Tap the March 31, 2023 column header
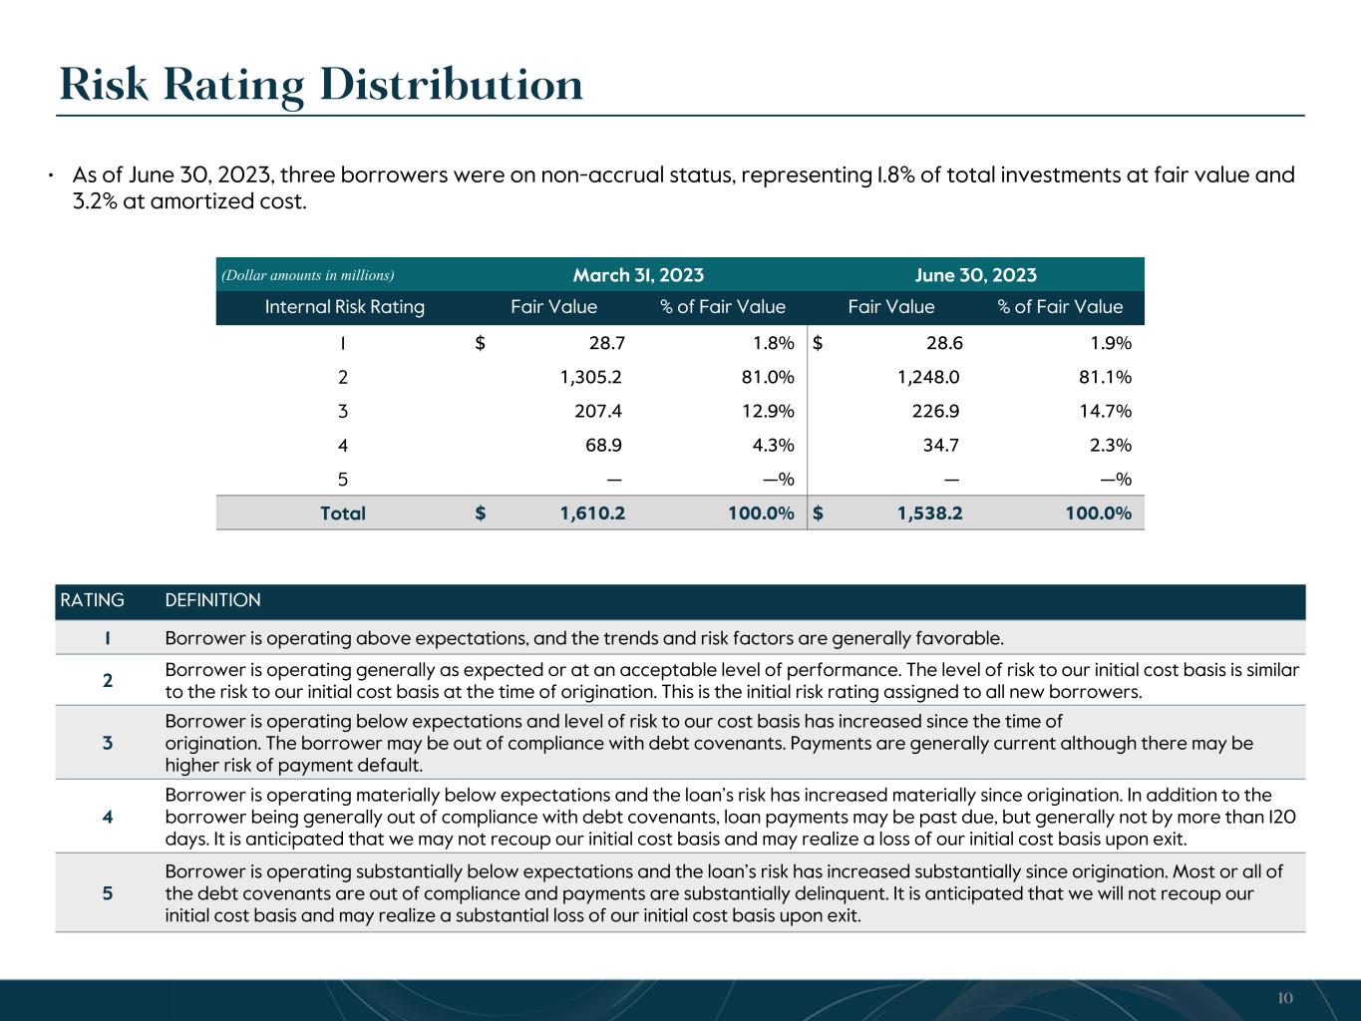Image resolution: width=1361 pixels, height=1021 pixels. pos(638,275)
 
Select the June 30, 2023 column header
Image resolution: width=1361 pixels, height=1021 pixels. pos(975,275)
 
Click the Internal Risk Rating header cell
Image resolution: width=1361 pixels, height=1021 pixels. pos(344,307)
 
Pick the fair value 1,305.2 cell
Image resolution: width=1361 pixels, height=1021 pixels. pos(592,377)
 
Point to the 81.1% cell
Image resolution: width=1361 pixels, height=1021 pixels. pos(1104,377)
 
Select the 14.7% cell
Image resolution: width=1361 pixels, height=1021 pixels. pos(1104,411)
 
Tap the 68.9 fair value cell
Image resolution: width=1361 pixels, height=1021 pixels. pos(603,445)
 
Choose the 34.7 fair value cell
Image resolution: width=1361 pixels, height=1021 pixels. pos(940,445)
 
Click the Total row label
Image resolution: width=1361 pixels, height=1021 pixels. pos(343,513)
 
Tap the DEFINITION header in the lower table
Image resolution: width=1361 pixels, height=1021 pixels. pos(212,600)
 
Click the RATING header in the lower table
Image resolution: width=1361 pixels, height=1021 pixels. pos(92,600)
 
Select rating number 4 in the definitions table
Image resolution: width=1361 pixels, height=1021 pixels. pos(108,817)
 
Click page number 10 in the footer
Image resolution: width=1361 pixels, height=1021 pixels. pos(1284,999)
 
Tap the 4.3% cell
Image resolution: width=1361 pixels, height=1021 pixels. pos(773,445)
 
